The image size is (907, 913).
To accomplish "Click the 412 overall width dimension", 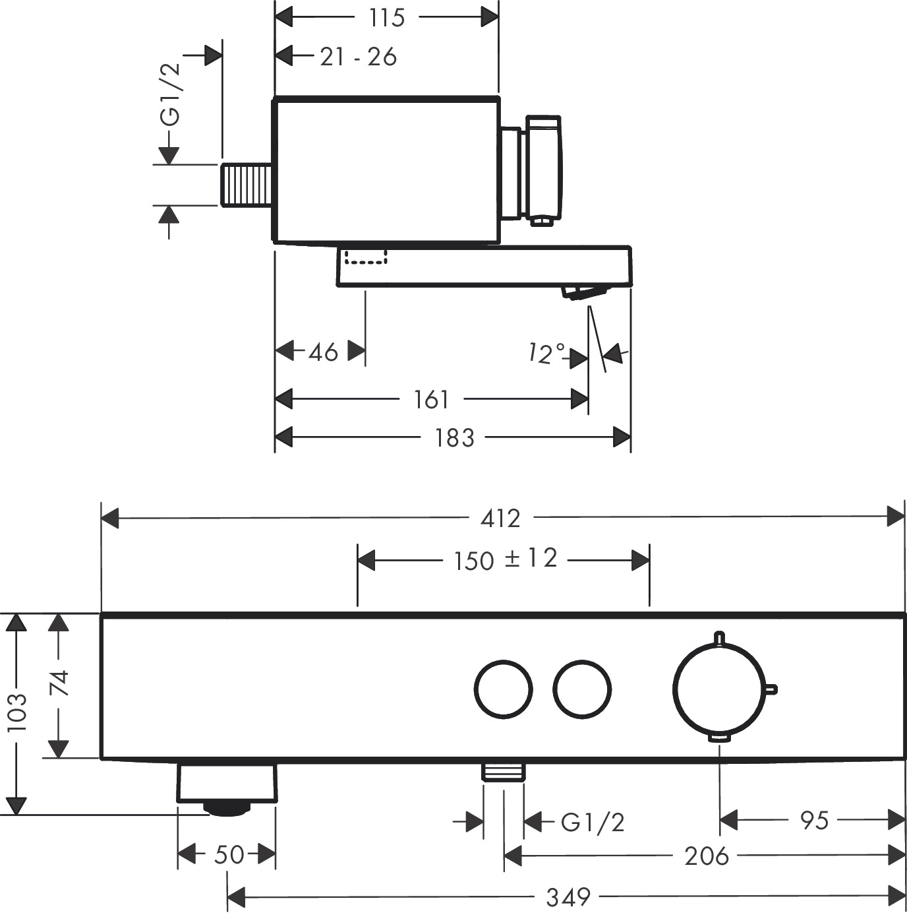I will [500, 519].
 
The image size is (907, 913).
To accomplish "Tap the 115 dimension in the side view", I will [386, 18].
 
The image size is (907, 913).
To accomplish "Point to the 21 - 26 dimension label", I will [359, 57].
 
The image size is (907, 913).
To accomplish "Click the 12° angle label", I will [546, 354].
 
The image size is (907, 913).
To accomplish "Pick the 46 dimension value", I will [323, 352].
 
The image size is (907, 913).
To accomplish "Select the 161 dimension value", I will [431, 399].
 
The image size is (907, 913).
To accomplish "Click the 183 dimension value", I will [454, 437].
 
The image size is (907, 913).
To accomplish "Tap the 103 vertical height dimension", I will [16, 712].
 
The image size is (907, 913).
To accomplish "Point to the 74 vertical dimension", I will [59, 683].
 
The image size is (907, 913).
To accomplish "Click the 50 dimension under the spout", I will [229, 855].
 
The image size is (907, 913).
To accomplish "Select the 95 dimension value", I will [814, 821].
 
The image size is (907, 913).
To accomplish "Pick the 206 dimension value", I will [706, 856].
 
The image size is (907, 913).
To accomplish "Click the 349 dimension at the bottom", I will [568, 897].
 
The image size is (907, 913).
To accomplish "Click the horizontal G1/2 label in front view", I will [592, 823].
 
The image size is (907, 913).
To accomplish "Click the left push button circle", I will [503, 688].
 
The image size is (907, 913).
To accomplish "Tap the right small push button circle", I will [582, 688].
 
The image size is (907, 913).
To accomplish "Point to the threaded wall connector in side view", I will [247, 185].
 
